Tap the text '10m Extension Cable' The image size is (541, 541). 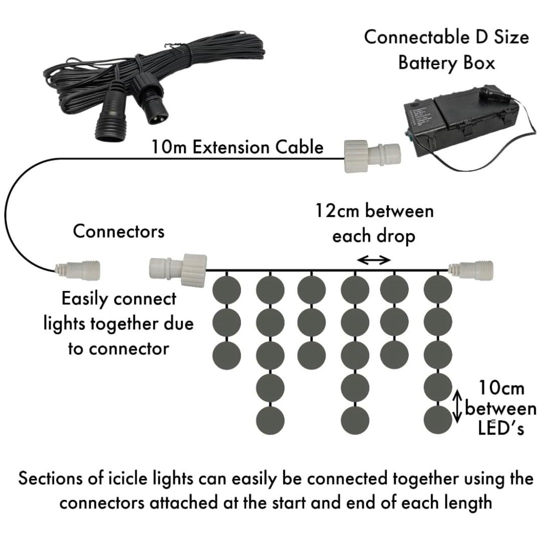pos(237,148)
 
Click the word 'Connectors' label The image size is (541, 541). pos(119,231)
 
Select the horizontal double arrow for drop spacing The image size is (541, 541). pos(373,259)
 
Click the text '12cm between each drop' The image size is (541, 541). pos(374,224)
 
